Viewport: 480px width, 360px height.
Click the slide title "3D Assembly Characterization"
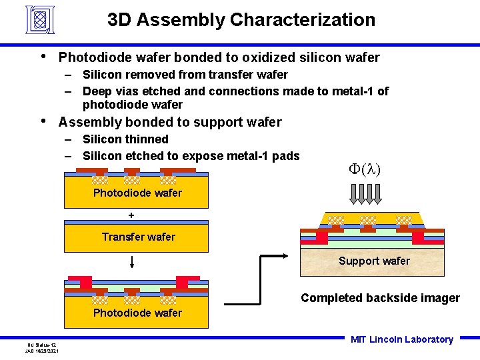click(x=241, y=20)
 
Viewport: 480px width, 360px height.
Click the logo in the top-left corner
click(x=40, y=20)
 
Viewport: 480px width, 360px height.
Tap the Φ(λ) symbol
click(x=365, y=169)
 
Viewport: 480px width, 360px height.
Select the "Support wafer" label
click(x=374, y=261)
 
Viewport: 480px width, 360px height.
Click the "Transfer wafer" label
click(x=139, y=237)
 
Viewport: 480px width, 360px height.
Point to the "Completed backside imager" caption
click(x=380, y=298)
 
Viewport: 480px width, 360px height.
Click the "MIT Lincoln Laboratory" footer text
click(x=401, y=339)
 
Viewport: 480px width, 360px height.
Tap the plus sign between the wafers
click(x=131, y=215)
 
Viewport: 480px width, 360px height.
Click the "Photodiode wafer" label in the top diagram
click(x=137, y=193)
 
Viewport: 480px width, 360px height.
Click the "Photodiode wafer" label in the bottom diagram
click(x=137, y=313)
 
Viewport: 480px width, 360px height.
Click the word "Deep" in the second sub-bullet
click(x=97, y=91)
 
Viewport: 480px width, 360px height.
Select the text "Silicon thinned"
click(x=125, y=139)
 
